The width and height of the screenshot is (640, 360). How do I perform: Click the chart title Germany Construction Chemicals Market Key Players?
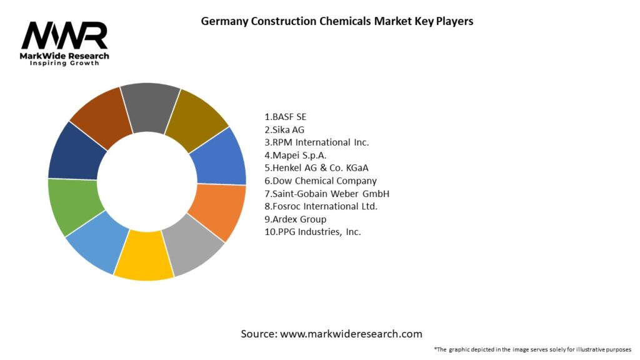[337, 21]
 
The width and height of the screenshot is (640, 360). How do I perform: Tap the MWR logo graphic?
[64, 36]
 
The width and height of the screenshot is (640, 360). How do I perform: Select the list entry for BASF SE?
[286, 117]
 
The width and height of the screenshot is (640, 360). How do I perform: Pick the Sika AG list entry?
[284, 129]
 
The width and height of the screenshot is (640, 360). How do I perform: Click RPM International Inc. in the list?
[317, 142]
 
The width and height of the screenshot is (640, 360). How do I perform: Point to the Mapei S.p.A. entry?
[296, 155]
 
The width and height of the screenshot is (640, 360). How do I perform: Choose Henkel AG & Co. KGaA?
[321, 168]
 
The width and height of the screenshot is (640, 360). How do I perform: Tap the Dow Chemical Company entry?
[321, 181]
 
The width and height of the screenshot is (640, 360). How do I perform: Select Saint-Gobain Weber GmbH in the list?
[327, 194]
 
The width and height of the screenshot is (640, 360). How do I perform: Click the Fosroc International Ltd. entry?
[321, 206]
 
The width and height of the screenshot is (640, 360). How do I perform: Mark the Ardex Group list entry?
[296, 219]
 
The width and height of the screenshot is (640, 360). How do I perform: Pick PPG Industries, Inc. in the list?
[312, 232]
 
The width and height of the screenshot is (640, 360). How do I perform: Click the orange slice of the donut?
[217, 211]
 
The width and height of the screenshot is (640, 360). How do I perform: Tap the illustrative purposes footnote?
[532, 349]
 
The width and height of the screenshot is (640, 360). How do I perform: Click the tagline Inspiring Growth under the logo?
[64, 64]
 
